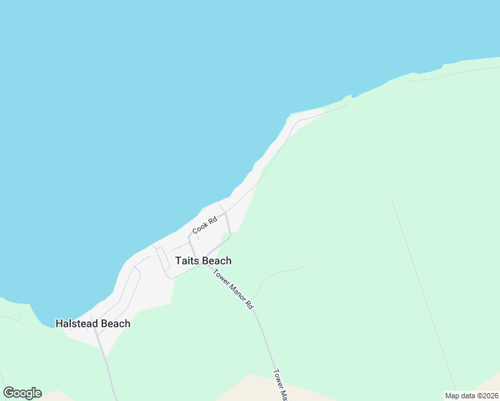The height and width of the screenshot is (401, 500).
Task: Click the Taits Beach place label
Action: coord(203,261)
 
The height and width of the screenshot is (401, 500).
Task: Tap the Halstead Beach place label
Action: coord(92,323)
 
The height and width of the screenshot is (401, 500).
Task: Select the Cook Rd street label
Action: coord(205,226)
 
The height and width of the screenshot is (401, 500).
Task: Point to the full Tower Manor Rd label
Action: coord(233,288)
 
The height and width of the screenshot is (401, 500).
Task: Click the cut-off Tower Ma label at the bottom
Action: coord(280,385)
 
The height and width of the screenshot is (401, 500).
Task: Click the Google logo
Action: coord(22,393)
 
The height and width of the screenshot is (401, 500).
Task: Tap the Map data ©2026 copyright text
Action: coord(471,396)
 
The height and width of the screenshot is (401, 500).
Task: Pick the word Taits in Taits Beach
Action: coord(187,261)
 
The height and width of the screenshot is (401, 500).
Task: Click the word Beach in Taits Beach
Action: coord(217,261)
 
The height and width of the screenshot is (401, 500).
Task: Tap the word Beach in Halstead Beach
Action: coord(115,323)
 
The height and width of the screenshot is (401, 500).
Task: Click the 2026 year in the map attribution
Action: coord(489,396)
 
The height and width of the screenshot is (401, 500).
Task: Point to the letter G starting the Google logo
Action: coord(9,392)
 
